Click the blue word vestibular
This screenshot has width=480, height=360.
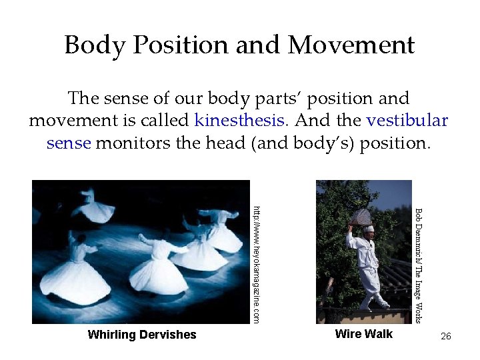point(407,121)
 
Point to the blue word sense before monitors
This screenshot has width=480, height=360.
point(68,143)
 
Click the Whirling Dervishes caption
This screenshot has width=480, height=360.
point(142,335)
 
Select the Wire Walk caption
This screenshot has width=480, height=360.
point(363,334)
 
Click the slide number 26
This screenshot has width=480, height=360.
point(446,336)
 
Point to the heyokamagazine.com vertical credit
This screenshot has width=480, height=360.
point(255,263)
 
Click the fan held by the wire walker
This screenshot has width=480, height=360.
point(360,217)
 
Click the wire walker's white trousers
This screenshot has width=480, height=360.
point(369,280)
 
